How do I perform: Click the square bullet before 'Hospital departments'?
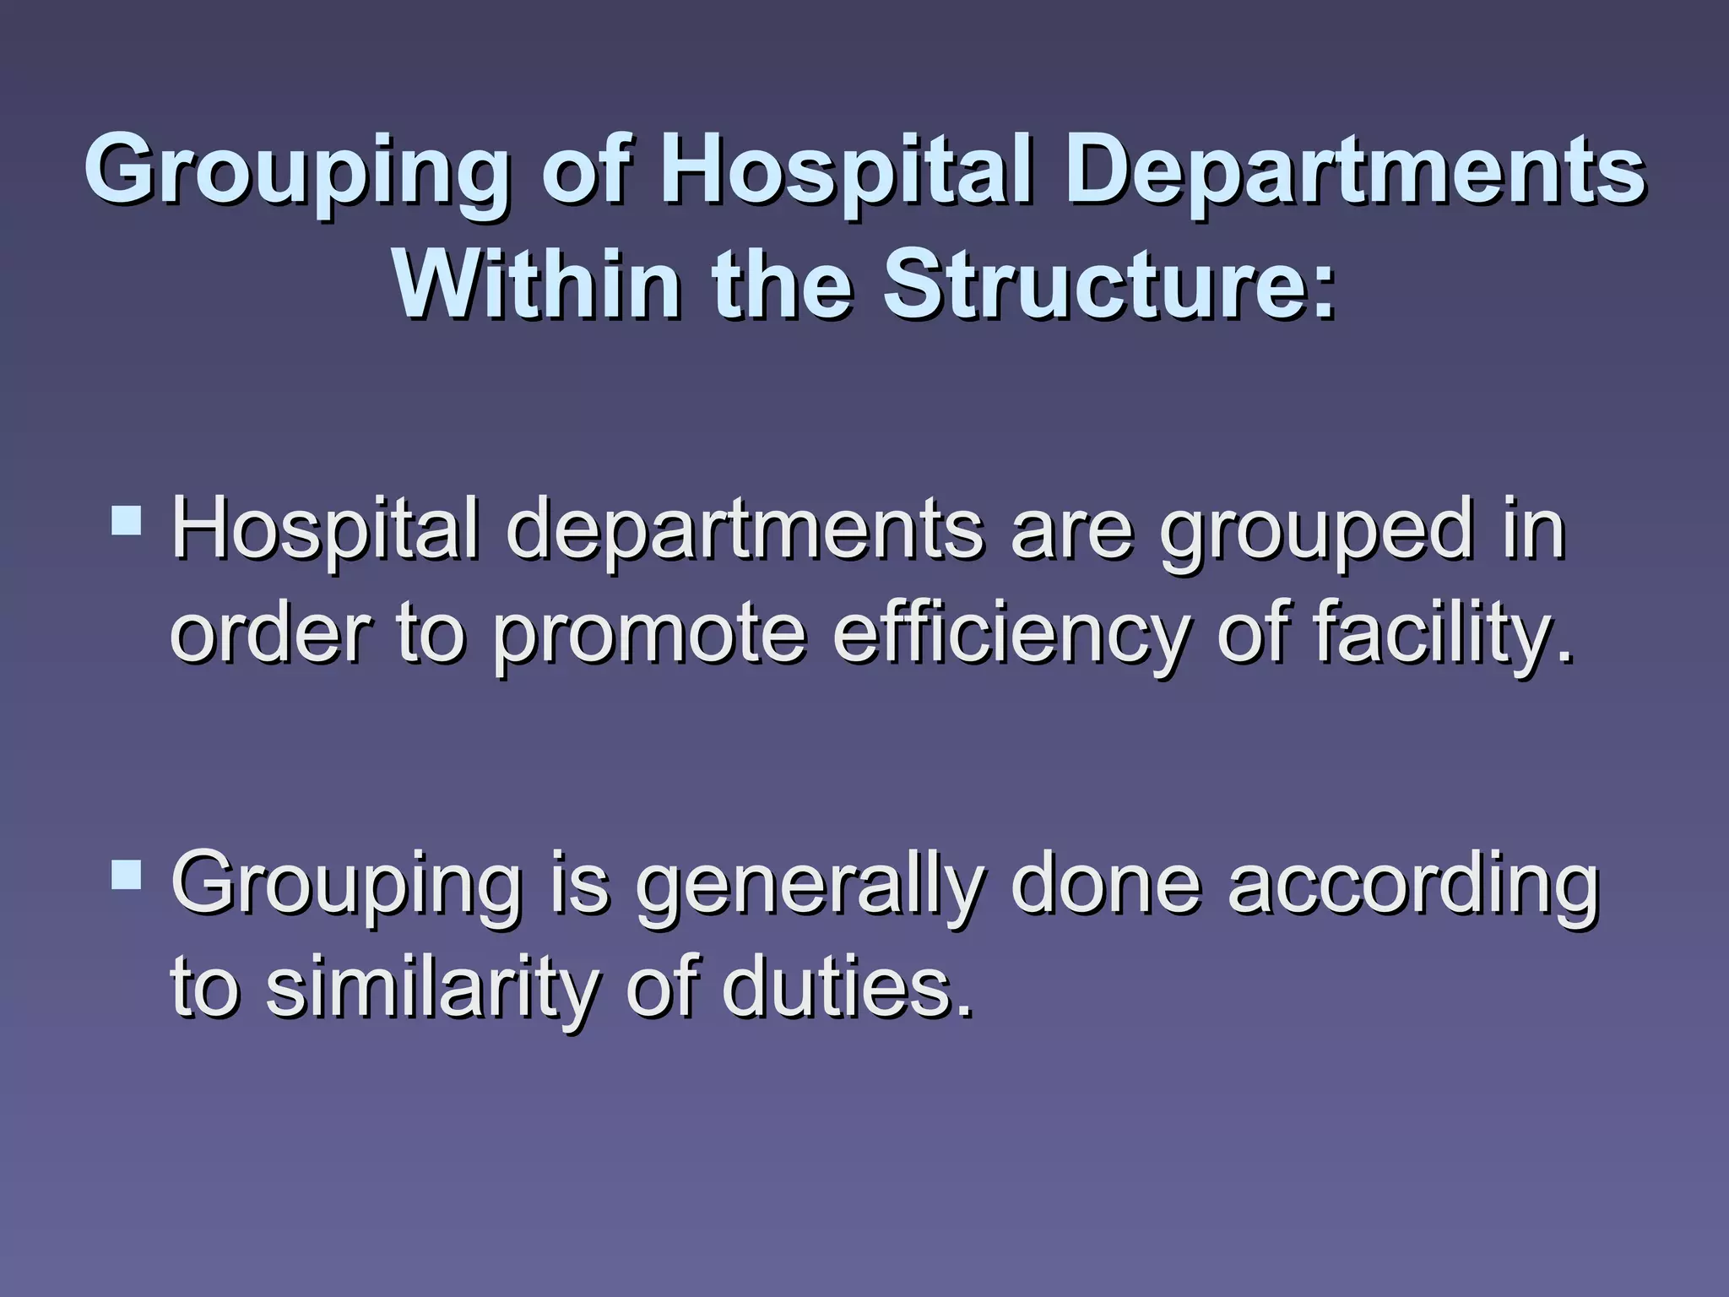coord(127,520)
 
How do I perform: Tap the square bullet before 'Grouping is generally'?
coord(127,875)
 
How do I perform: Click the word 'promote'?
coord(650,635)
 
